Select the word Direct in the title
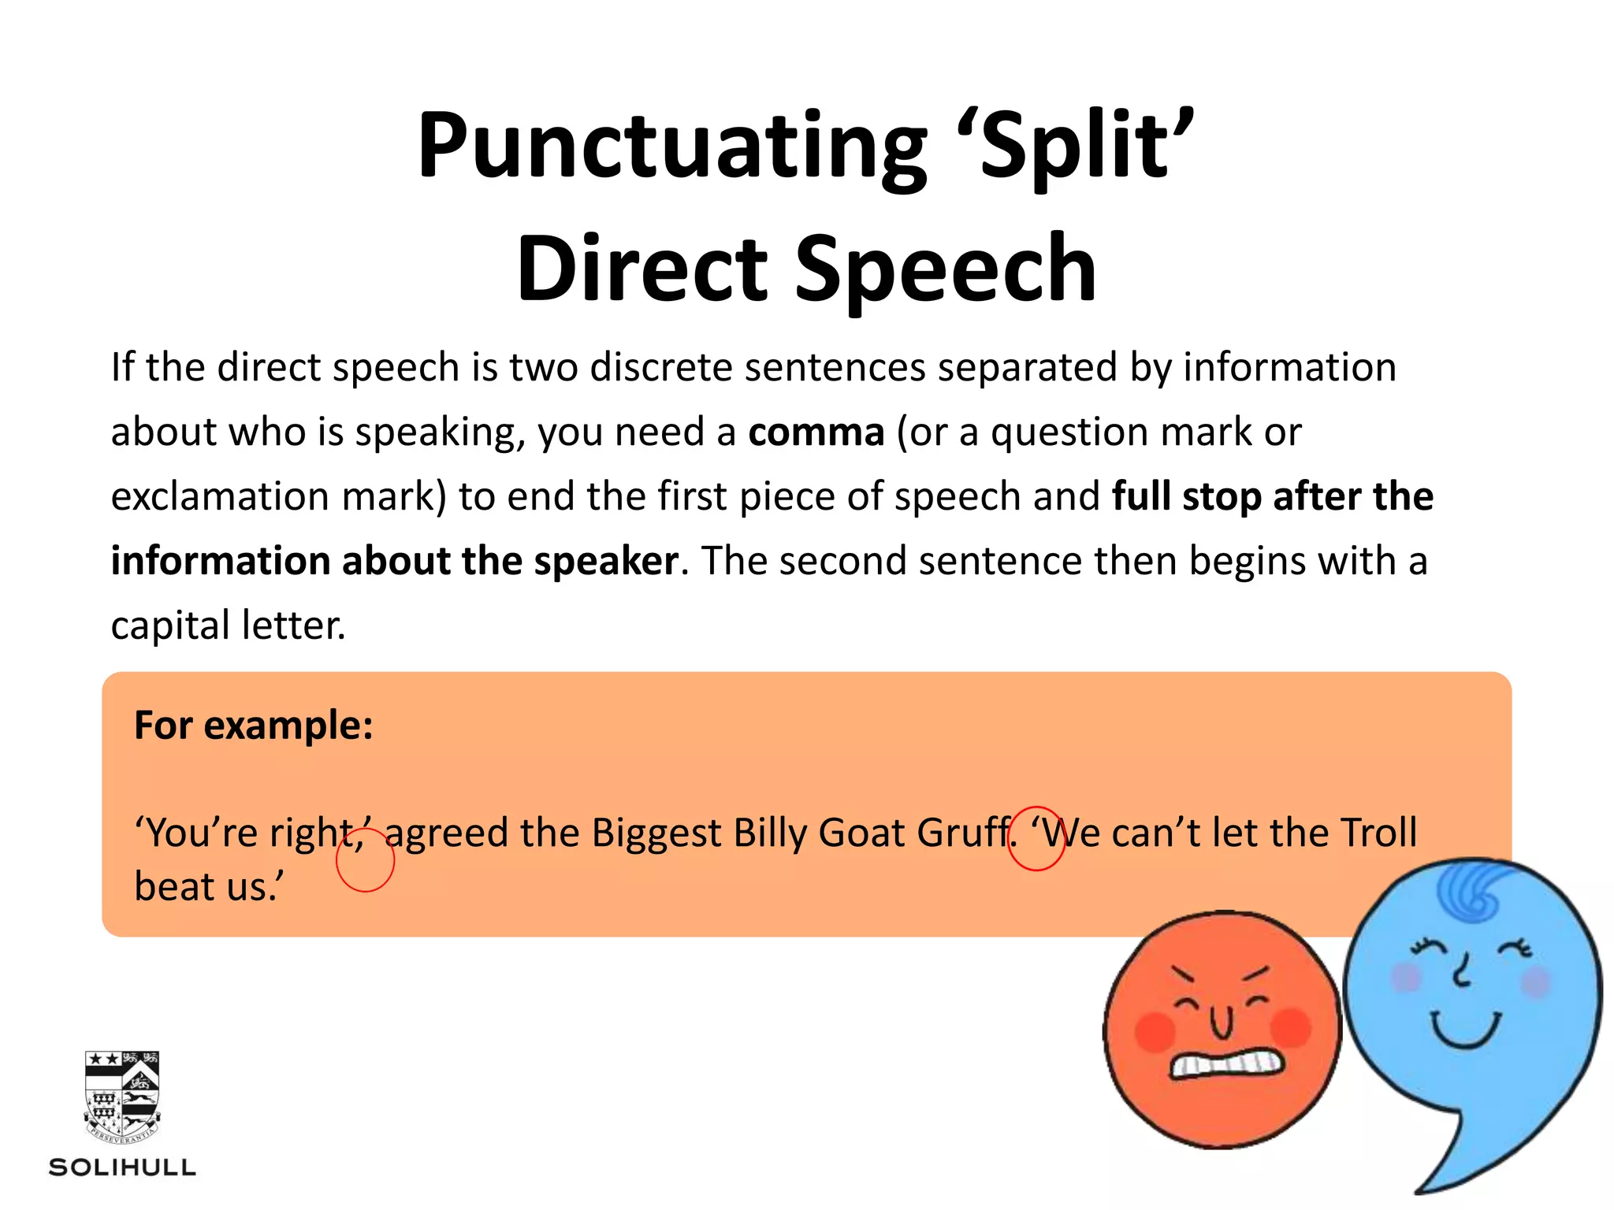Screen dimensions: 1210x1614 click(642, 269)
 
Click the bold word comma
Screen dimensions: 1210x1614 click(816, 432)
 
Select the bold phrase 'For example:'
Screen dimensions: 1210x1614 click(253, 725)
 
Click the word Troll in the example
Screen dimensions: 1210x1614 click(1378, 833)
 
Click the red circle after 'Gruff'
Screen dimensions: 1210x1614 click(1036, 838)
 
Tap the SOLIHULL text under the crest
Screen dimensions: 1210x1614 click(122, 1167)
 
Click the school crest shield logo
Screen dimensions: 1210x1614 click(122, 1096)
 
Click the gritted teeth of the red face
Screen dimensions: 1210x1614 click(1226, 1064)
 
